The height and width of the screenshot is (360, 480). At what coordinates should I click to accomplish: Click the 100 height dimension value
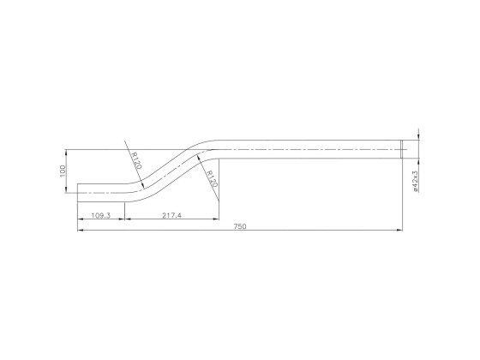tap(63, 171)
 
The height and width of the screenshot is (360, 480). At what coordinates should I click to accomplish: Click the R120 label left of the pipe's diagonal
tap(135, 160)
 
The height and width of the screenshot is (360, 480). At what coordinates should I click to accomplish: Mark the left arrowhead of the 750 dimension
tap(81, 231)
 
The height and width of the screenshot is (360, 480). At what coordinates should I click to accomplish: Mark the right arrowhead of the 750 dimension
tap(400, 231)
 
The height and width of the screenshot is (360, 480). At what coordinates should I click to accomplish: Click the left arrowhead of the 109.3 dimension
tap(81, 219)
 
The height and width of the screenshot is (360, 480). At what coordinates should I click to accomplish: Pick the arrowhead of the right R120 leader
tap(199, 155)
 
